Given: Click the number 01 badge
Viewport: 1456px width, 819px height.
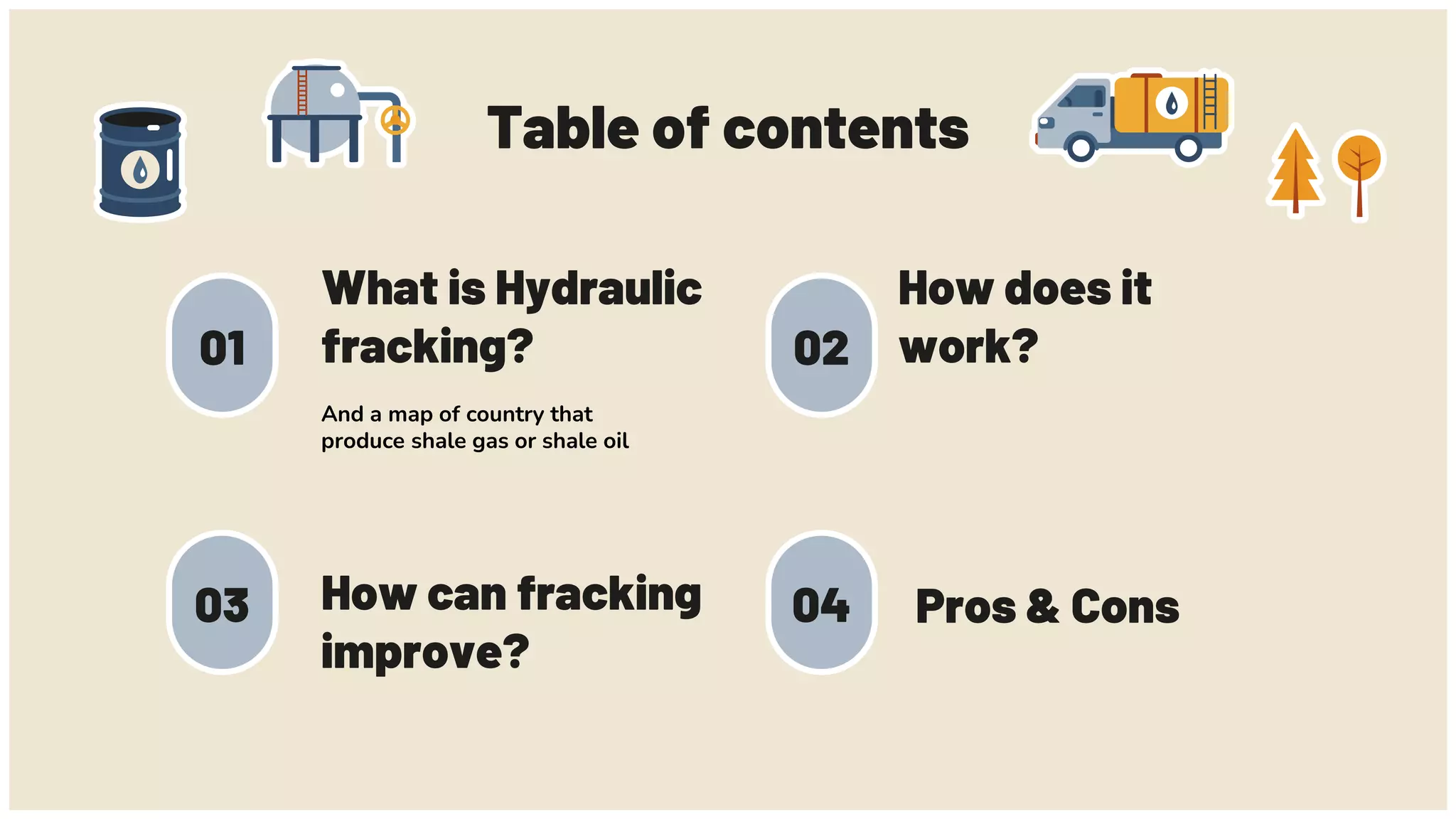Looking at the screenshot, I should (x=223, y=346).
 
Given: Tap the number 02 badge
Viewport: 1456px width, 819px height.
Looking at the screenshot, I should (x=822, y=346).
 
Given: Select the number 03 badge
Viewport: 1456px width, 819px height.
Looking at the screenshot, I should (x=223, y=604).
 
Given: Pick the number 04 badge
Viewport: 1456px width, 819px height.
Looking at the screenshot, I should (x=822, y=604).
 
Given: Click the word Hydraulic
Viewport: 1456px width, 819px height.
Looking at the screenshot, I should (x=598, y=289).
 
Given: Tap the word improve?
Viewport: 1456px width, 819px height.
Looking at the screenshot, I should (x=425, y=651).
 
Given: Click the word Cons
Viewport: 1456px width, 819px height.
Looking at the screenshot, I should (x=1125, y=607).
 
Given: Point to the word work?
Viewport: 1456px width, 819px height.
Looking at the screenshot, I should (x=968, y=347).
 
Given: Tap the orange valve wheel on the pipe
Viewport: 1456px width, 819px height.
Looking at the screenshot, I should (x=395, y=120).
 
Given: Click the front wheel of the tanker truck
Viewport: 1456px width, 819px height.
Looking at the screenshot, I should (x=1081, y=148).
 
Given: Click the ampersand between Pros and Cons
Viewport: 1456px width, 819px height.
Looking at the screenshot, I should (x=1043, y=607).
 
